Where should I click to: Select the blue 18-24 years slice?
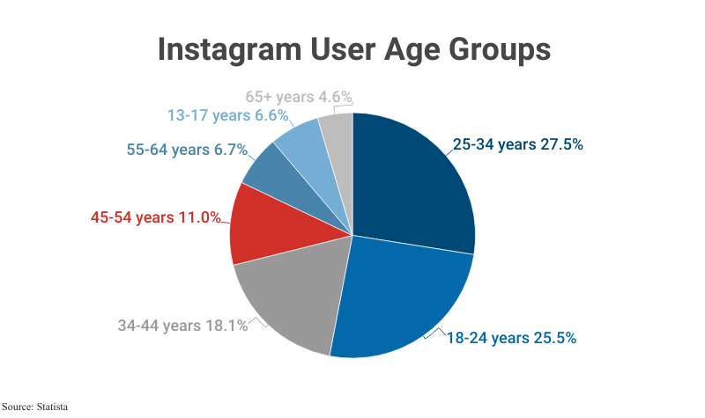click(x=401, y=295)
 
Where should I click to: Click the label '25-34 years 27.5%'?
click(x=517, y=145)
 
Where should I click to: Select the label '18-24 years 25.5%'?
click(x=511, y=338)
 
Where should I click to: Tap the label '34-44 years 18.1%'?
click(x=182, y=325)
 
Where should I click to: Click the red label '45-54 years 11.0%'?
click(x=155, y=216)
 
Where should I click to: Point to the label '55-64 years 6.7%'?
click(x=186, y=150)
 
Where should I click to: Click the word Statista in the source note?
click(x=51, y=407)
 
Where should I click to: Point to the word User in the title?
click(x=338, y=49)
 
